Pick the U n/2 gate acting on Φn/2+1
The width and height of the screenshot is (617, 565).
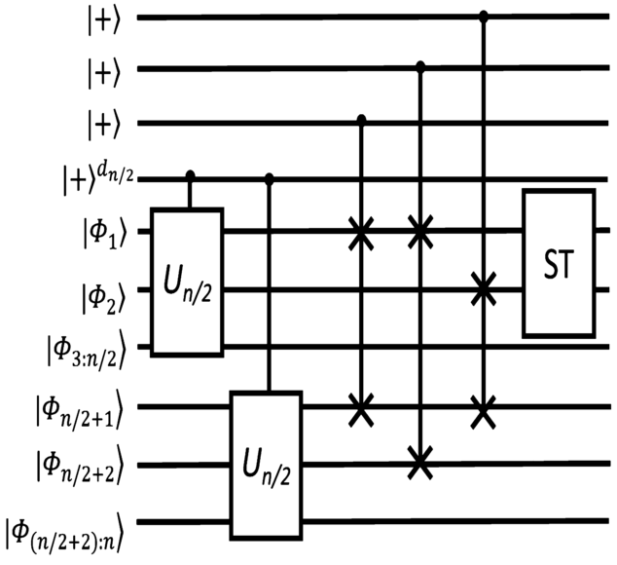tap(266, 466)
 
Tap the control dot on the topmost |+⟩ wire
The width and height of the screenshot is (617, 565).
tap(483, 17)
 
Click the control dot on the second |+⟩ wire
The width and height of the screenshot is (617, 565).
tap(420, 67)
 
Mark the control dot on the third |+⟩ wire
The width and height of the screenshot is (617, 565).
tap(361, 120)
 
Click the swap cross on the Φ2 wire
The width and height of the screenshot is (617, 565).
tap(483, 288)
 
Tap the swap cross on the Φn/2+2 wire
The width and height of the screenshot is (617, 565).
tap(420, 462)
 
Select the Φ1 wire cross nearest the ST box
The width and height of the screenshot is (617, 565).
tap(420, 233)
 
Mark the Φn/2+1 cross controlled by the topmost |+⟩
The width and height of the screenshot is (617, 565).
tap(483, 408)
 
